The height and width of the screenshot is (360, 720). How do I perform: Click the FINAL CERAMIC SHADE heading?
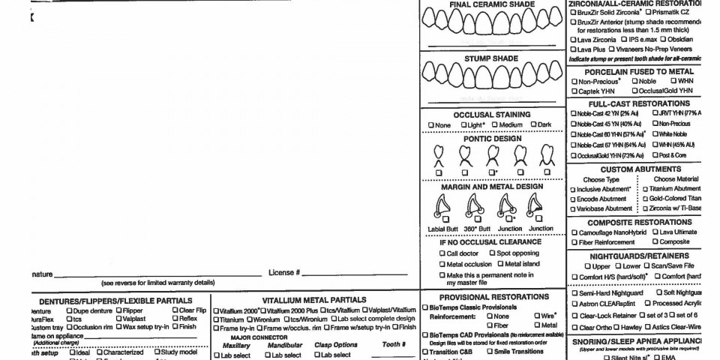(492, 4)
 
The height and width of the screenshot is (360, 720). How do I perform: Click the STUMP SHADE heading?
(492, 58)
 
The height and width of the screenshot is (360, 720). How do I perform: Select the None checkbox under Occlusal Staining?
(431, 124)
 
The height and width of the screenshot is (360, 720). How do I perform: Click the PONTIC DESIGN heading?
(491, 139)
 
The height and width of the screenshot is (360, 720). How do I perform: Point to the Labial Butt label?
(442, 229)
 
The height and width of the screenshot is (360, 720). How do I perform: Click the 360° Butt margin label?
(477, 229)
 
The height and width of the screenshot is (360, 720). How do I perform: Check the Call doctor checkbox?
(442, 253)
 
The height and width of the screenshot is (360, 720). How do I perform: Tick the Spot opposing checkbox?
(492, 253)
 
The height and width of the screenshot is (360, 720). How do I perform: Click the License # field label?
(284, 272)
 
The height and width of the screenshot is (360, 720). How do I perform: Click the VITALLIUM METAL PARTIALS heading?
(314, 300)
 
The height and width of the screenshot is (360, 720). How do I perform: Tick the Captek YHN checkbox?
(574, 91)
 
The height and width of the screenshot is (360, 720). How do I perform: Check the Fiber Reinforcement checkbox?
(574, 242)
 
